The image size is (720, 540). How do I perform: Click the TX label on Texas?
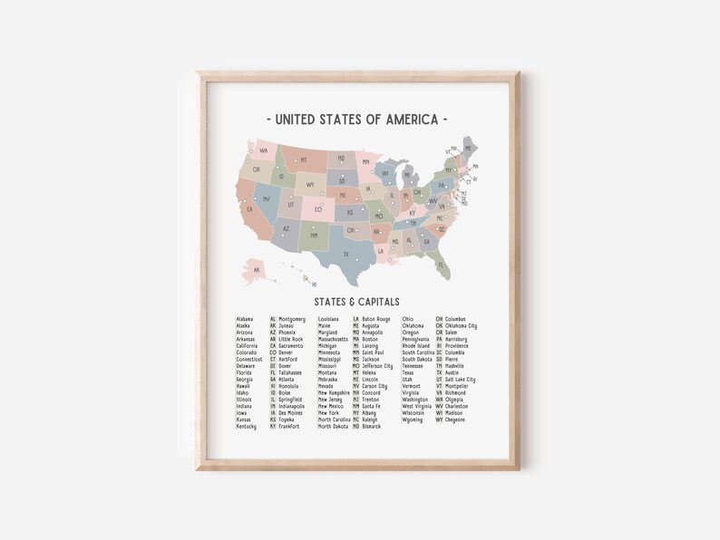(345, 255)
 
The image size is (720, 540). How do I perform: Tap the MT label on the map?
(304, 160)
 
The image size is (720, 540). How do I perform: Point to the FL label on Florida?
(442, 264)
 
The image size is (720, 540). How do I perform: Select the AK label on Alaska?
(257, 269)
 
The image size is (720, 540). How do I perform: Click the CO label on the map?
(318, 210)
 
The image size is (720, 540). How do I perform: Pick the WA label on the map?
(263, 150)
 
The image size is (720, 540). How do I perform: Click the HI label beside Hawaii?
(314, 284)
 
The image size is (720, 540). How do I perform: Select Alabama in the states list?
(245, 319)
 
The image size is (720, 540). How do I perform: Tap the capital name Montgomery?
(292, 319)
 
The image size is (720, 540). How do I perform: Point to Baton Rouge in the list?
(376, 319)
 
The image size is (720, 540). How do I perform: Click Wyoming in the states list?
(413, 419)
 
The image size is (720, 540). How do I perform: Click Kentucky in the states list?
(246, 426)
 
